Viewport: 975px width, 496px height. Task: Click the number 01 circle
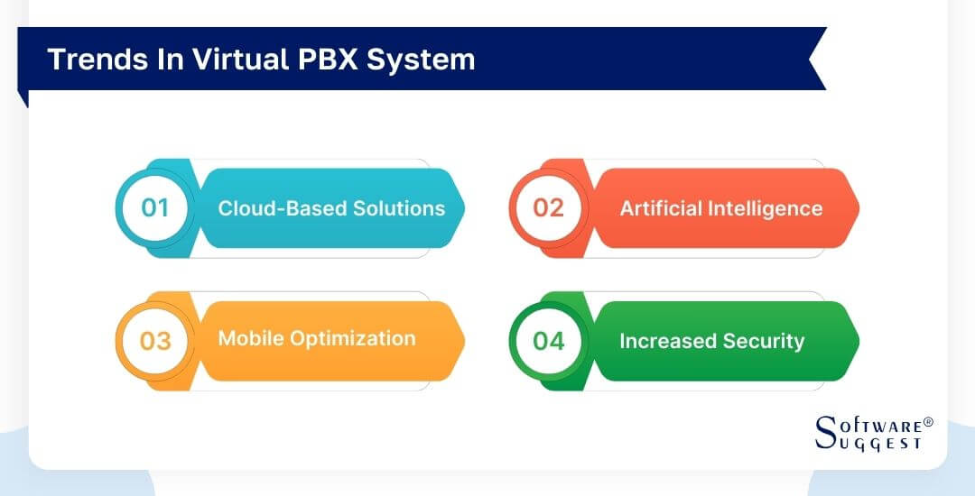pos(155,208)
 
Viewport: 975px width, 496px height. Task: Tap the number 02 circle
pos(548,208)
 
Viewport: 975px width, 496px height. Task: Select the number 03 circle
pos(155,341)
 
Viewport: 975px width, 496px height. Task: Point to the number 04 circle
pos(548,341)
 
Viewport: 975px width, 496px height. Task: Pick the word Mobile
pos(250,338)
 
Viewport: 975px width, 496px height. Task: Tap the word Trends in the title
pos(86,60)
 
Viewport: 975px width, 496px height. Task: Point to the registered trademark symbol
pos(927,422)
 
